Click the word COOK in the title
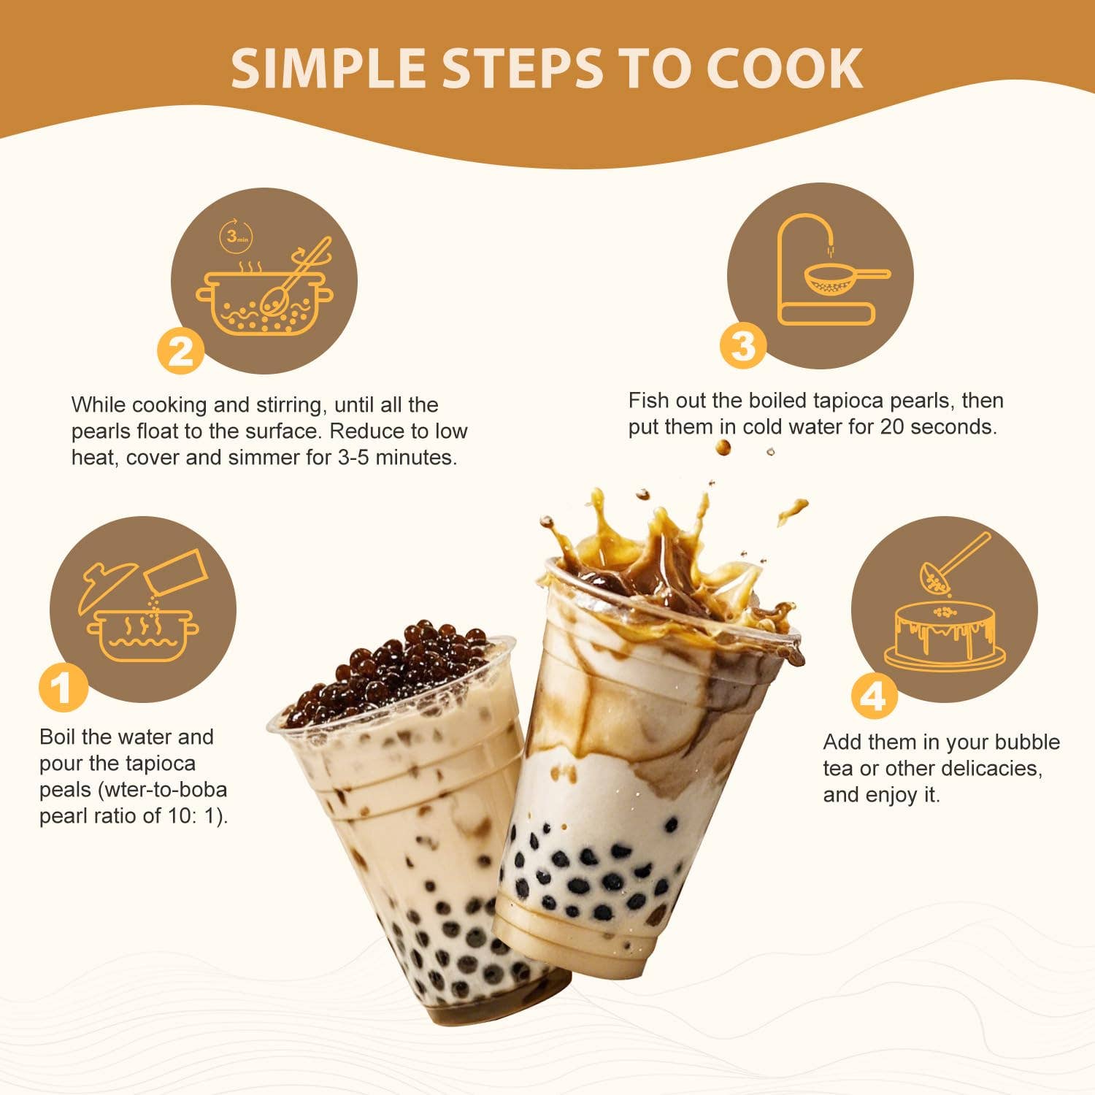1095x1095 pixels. tap(785, 68)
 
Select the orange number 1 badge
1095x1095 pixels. tap(64, 687)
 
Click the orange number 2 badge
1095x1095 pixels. tap(181, 351)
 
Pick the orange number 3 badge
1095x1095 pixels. tap(743, 345)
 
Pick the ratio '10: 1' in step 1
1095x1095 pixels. tap(193, 816)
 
